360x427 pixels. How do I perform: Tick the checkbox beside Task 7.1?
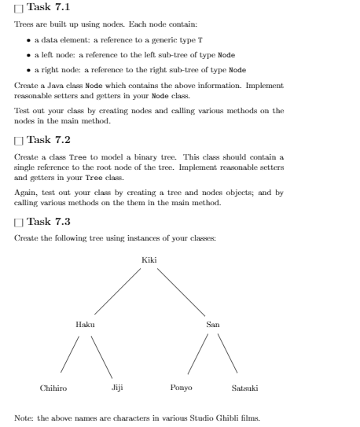(x=19, y=8)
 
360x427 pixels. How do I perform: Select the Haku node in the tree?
(x=84, y=324)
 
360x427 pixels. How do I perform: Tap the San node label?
(x=213, y=324)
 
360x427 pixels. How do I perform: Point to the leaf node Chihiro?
(x=53, y=388)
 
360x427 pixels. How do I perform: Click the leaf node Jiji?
(x=117, y=388)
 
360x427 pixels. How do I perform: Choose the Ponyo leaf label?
(x=181, y=388)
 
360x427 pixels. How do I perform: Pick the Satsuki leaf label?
(x=245, y=388)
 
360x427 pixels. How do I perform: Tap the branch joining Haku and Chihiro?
(x=69, y=355)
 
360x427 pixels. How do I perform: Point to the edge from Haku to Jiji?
(x=101, y=355)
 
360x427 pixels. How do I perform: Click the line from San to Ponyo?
(x=197, y=355)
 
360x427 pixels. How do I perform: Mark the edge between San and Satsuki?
(x=226, y=355)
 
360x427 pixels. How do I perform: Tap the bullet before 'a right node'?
(x=29, y=69)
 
